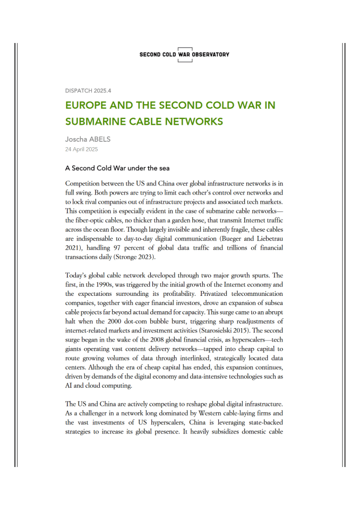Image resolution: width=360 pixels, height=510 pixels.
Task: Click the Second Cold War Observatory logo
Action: pos(184,54)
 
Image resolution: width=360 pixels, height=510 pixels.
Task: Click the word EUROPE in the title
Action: pos(89,105)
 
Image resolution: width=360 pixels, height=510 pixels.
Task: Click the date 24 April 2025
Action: pos(82,150)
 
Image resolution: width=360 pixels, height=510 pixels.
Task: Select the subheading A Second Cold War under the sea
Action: pos(117,168)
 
